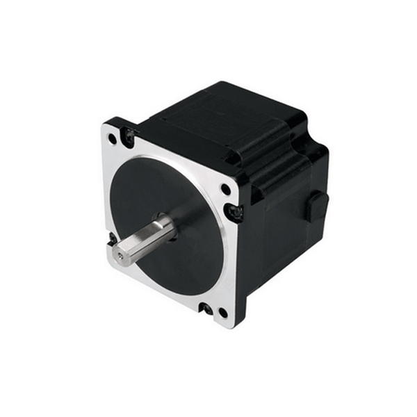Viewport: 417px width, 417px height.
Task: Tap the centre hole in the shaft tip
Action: click(120, 256)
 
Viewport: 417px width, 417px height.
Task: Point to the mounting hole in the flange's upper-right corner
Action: click(226, 188)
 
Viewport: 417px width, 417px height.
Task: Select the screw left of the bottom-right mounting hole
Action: click(206, 306)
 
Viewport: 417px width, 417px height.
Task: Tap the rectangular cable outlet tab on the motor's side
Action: click(316, 206)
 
